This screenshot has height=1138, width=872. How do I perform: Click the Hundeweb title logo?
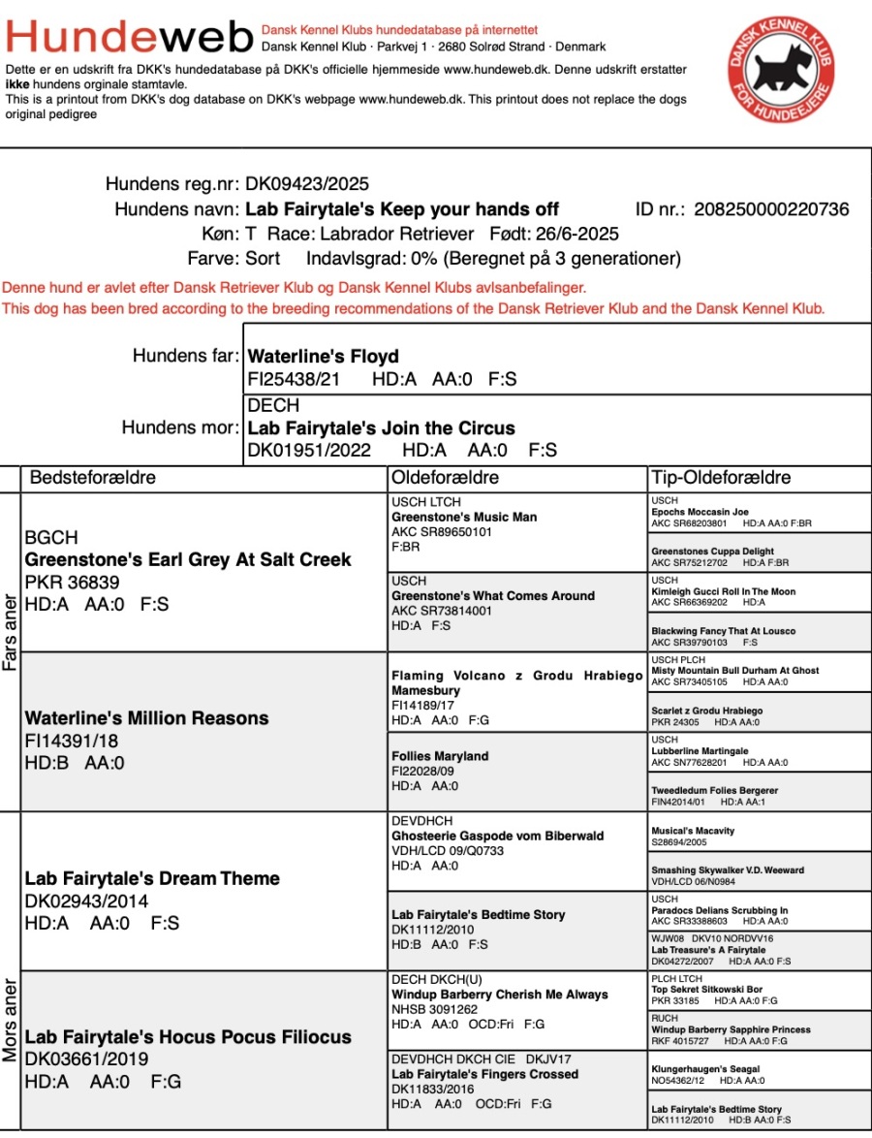131,37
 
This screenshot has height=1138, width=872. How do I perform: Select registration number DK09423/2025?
307,184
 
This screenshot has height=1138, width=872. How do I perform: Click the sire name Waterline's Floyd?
323,356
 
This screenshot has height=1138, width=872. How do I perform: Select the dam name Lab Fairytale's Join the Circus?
382,427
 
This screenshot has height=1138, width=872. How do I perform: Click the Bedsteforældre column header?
93,478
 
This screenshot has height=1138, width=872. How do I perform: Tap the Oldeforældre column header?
445,478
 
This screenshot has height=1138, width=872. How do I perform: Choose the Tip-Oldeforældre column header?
722,478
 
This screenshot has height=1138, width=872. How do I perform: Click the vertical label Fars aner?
10,630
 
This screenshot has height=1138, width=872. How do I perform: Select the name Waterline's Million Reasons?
146,718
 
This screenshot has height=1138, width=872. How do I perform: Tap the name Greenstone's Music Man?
464,518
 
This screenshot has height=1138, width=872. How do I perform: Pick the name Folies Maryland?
439,756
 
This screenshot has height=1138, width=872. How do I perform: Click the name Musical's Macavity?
693,831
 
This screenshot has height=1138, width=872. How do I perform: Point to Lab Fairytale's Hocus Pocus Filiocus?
188,1037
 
